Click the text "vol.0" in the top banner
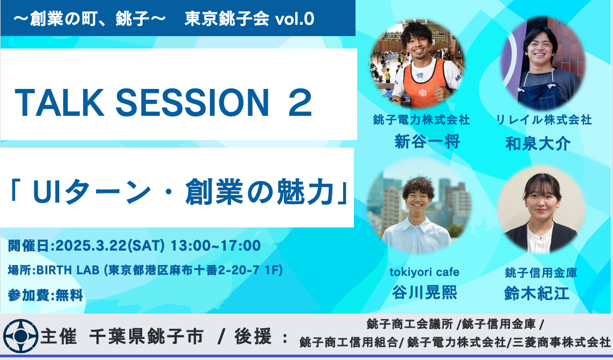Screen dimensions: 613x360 click(x=295, y=19)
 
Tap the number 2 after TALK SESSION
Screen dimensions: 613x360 click(x=300, y=103)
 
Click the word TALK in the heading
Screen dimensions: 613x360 click(x=59, y=103)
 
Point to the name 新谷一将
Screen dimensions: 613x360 click(x=427, y=142)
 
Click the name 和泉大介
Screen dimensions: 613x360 click(x=538, y=143)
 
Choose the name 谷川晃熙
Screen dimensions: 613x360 click(x=424, y=292)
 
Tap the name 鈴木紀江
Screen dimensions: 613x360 click(x=537, y=293)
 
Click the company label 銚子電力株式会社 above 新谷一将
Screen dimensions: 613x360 click(x=421, y=120)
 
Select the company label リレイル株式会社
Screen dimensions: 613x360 click(x=544, y=120)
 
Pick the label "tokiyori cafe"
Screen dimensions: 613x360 click(x=424, y=272)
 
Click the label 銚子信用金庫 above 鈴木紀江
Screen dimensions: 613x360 click(x=541, y=272)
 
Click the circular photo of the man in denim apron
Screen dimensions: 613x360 click(x=543, y=64)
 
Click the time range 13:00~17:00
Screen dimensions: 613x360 click(x=216, y=246)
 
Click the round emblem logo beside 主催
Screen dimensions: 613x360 click(x=20, y=336)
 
